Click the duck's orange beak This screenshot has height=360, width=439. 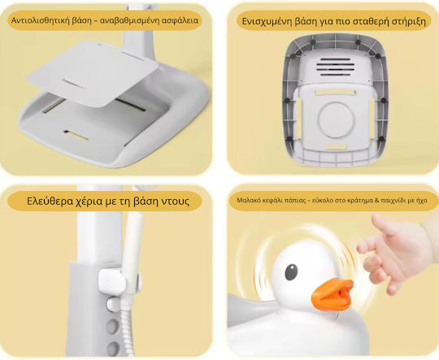(x=332, y=295)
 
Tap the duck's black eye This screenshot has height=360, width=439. (x=291, y=271)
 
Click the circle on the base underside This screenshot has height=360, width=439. (x=337, y=119)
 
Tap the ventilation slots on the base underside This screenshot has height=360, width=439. (x=336, y=67)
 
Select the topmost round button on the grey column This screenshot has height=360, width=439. (x=113, y=305)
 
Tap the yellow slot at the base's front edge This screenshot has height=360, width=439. (x=76, y=136)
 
